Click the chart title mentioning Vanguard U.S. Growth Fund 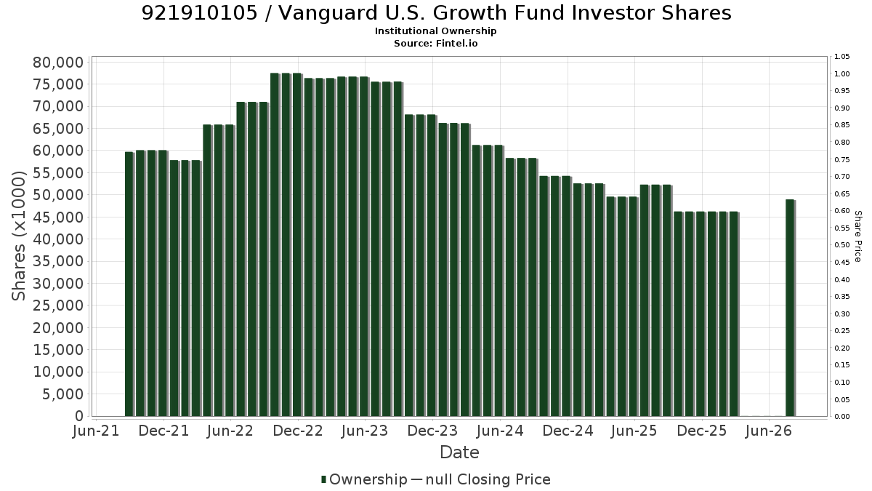click(436, 13)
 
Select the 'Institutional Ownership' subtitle click(435, 31)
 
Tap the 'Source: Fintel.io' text click(435, 43)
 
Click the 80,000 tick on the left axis click(58, 63)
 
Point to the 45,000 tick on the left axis click(58, 217)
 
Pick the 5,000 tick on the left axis click(62, 394)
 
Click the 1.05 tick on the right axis click(841, 57)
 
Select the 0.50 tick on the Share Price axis click(841, 245)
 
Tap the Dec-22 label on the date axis click(298, 431)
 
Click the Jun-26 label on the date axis click(769, 431)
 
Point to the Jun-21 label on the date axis click(96, 431)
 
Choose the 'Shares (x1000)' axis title click(18, 236)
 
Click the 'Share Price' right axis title click(857, 236)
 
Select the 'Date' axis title click(459, 452)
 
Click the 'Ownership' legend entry click(368, 479)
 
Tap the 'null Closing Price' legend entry click(488, 479)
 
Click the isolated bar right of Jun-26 click(791, 308)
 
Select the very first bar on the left click(129, 284)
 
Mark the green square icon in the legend click(323, 479)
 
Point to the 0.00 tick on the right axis click(841, 417)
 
